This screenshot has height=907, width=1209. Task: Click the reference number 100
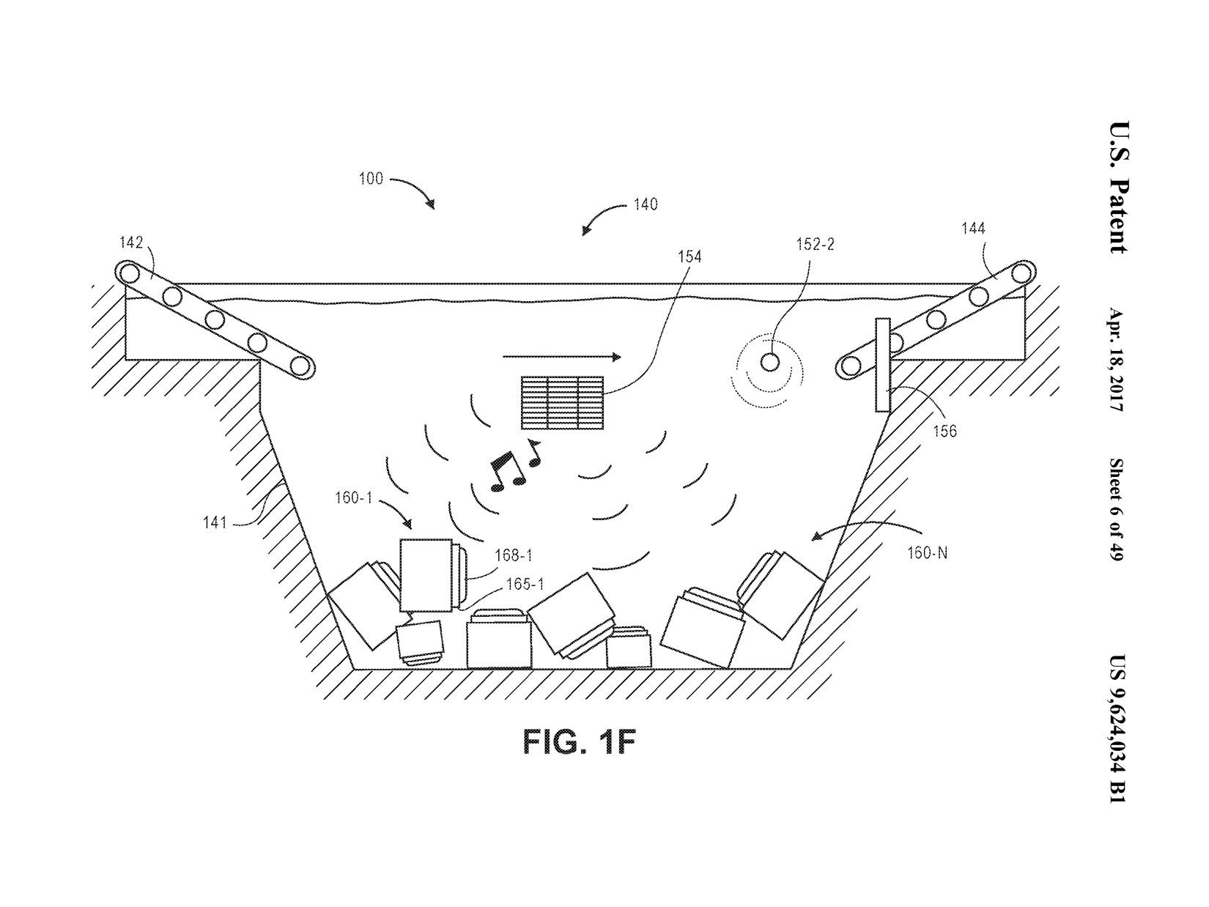[x=371, y=179]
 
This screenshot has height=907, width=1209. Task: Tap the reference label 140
[x=645, y=204]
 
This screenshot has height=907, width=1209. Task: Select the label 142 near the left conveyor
[x=131, y=243]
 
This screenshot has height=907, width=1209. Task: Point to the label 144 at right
[x=973, y=229]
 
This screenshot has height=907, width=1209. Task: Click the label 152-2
[x=816, y=245]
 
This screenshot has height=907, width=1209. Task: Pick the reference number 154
[x=689, y=256]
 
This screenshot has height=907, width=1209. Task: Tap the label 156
[x=944, y=431]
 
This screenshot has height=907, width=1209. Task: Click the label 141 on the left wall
[x=215, y=522]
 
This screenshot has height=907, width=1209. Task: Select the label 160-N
[x=927, y=552]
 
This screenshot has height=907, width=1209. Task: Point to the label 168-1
[x=513, y=556]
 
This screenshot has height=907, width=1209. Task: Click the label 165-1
[x=525, y=585]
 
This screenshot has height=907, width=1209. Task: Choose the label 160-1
[x=354, y=498]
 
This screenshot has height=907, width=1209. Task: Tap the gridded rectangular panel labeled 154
[x=562, y=402]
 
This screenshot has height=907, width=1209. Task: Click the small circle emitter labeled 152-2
[x=769, y=362]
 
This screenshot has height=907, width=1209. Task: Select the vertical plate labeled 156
[x=882, y=365]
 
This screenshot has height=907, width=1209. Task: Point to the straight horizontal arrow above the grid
[x=561, y=357]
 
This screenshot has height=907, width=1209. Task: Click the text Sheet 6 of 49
[x=1117, y=510]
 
